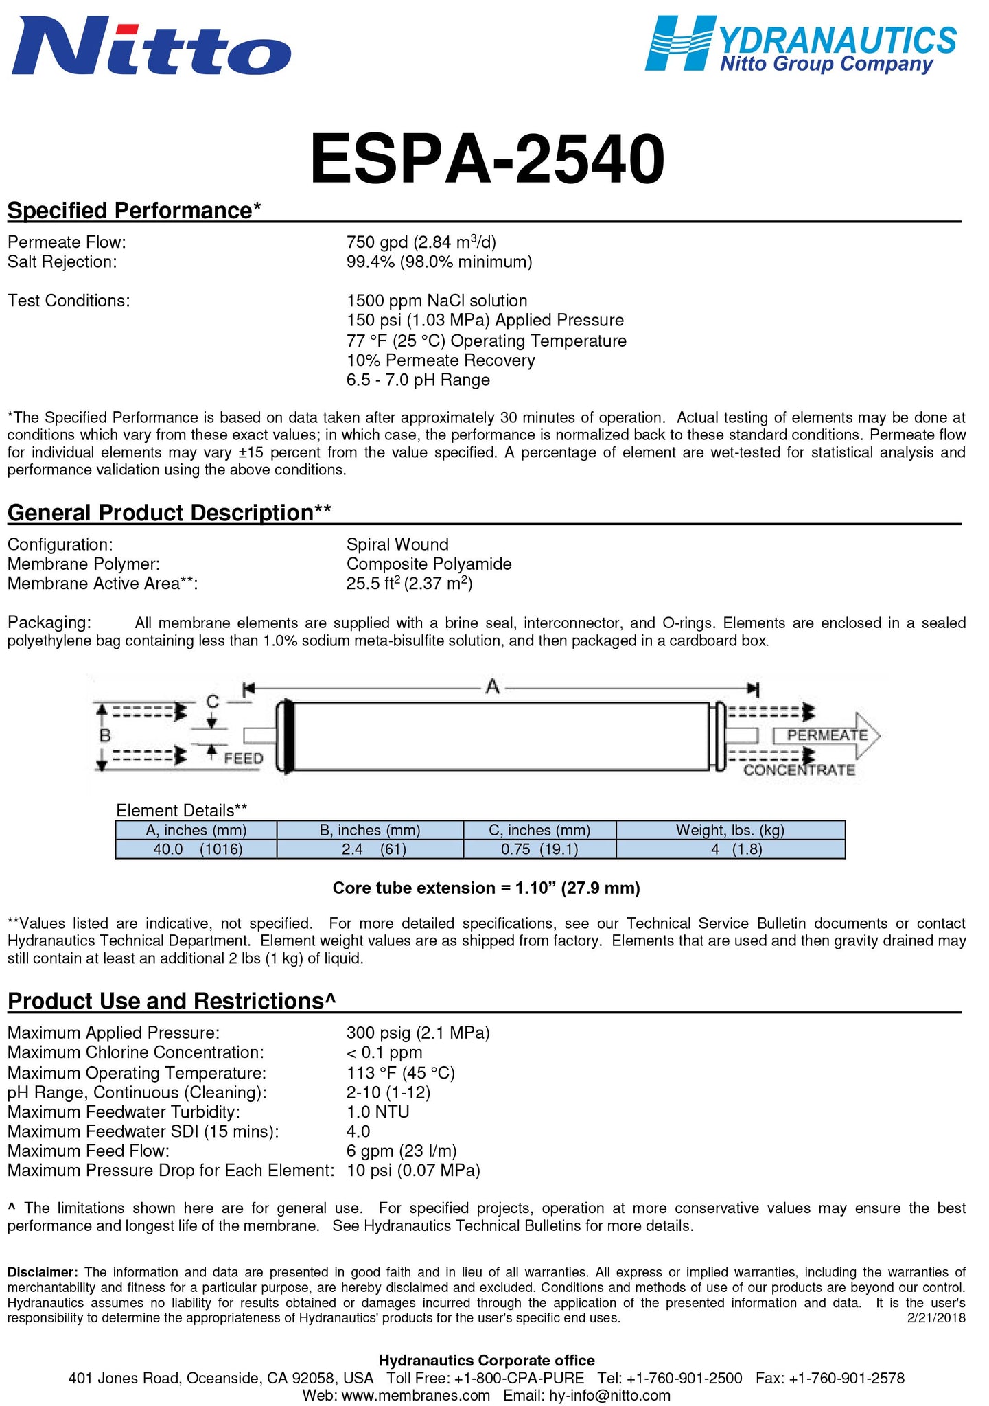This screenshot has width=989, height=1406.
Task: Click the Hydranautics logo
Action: point(800,44)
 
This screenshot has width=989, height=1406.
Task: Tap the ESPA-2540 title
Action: point(487,159)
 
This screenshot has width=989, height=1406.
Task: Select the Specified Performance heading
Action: point(135,210)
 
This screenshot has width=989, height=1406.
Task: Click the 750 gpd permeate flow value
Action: point(421,242)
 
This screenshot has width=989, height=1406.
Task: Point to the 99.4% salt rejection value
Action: point(439,262)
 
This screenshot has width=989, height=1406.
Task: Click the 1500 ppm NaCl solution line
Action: point(437,301)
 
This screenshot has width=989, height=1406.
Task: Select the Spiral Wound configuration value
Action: point(397,544)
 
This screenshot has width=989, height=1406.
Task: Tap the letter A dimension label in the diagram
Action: point(492,686)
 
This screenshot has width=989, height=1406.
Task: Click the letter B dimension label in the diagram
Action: point(105,736)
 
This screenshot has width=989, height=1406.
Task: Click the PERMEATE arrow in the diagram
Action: point(827,735)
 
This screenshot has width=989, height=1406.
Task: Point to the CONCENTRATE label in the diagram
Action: point(799,770)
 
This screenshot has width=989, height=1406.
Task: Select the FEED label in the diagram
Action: point(244,759)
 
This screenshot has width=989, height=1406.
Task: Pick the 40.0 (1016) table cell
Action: point(197,849)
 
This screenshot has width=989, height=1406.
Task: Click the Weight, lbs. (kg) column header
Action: point(730,830)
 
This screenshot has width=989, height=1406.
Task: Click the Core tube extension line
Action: point(486,888)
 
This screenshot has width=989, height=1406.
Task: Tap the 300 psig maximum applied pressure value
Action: point(418,1033)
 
